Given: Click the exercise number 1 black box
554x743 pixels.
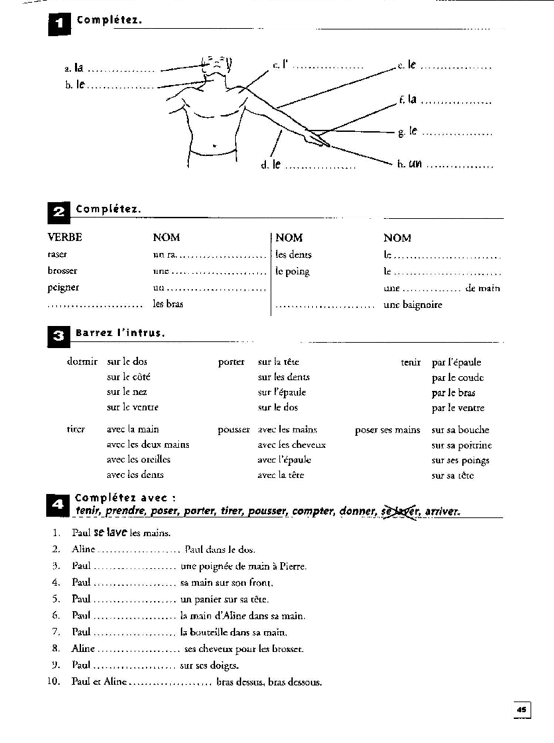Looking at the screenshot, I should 59,24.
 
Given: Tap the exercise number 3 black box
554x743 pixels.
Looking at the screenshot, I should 58,336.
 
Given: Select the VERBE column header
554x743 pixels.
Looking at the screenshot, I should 65,238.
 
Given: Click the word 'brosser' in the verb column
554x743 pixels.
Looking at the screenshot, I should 62,271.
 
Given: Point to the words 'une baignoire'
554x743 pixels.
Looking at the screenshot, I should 413,305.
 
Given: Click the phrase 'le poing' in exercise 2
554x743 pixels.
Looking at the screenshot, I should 293,272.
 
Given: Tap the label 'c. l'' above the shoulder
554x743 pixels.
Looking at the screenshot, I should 280,66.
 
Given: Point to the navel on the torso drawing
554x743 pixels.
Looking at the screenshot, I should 213,145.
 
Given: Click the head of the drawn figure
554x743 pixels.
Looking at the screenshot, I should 216,67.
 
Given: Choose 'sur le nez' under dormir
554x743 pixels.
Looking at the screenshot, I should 127,392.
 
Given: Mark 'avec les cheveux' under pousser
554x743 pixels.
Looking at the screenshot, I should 291,444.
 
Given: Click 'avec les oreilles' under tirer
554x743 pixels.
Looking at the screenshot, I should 138,460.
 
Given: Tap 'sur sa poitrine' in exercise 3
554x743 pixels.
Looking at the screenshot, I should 462,445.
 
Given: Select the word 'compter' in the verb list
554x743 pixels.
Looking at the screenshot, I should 313,511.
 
